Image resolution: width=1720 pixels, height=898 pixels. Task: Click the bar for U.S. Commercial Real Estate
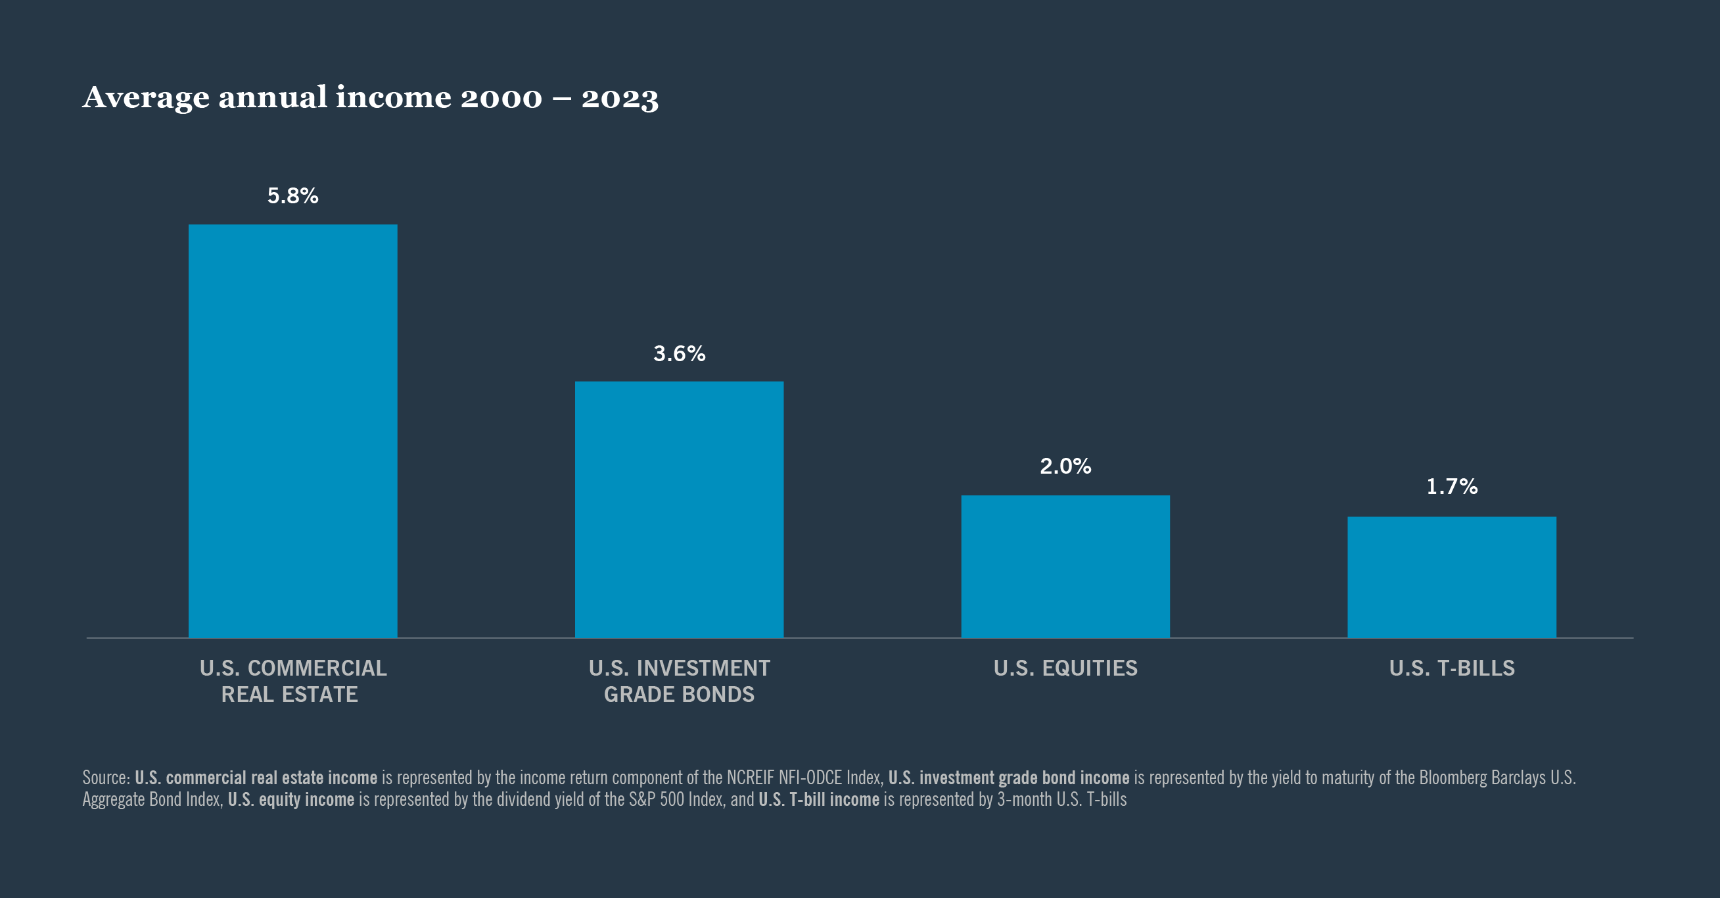[292, 431]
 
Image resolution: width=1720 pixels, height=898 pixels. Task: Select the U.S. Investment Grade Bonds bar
[679, 509]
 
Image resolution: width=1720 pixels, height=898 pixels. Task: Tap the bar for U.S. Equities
[1065, 566]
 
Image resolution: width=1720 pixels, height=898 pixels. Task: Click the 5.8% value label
[292, 196]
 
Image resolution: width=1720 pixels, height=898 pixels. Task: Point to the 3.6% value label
[679, 353]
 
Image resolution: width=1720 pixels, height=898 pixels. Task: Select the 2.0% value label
[1065, 466]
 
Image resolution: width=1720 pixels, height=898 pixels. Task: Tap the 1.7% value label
[1452, 487]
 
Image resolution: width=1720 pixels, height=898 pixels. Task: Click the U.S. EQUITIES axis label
[1065, 668]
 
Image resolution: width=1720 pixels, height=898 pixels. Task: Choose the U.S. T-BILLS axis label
[1452, 668]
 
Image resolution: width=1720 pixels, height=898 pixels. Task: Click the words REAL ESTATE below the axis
[289, 695]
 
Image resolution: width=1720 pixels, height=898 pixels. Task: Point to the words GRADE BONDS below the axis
[679, 695]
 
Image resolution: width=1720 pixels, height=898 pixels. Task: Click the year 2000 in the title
[501, 98]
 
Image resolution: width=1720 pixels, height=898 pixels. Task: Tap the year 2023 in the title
[620, 98]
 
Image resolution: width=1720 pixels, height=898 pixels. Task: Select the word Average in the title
[145, 98]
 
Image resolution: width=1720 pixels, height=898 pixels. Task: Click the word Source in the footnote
[104, 778]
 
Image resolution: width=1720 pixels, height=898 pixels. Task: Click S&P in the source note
[641, 800]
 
